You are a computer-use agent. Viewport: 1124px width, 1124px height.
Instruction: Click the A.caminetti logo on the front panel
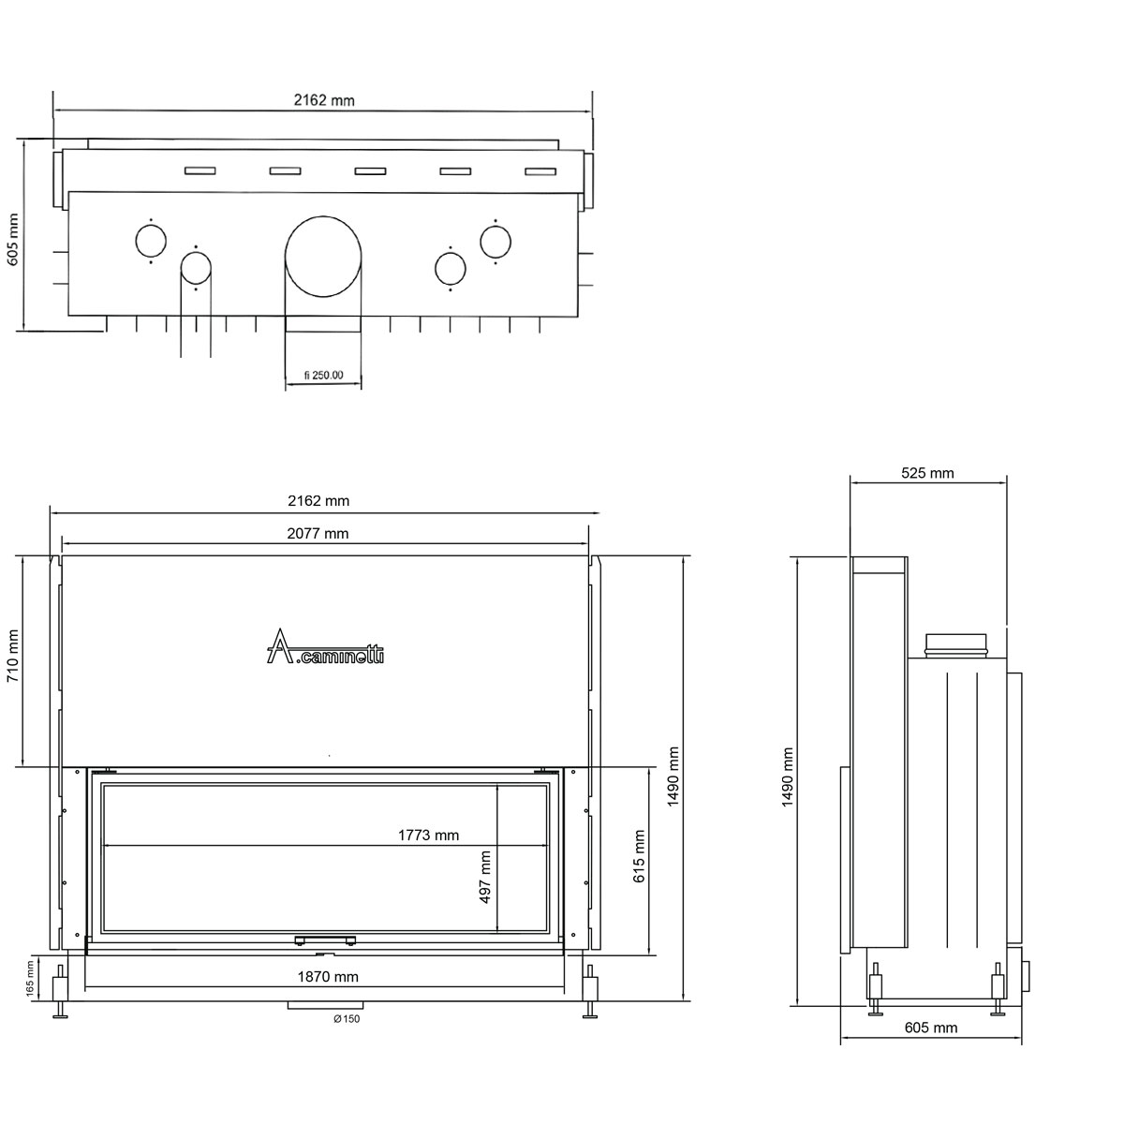pyautogui.click(x=325, y=646)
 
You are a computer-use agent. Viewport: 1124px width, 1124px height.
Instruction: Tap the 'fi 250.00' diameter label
pyautogui.click(x=324, y=375)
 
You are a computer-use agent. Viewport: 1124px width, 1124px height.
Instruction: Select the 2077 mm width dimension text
pyautogui.click(x=318, y=533)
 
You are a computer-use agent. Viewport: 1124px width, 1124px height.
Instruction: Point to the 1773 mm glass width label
pyautogui.click(x=429, y=836)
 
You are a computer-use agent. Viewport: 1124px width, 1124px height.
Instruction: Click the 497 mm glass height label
pyautogui.click(x=484, y=877)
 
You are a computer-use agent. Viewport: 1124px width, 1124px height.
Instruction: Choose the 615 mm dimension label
pyautogui.click(x=640, y=856)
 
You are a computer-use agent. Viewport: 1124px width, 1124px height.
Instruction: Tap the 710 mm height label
pyautogui.click(x=13, y=657)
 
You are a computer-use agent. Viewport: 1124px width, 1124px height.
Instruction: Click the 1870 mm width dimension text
pyautogui.click(x=328, y=976)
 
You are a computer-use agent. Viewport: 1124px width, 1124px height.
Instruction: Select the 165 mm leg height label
pyautogui.click(x=30, y=979)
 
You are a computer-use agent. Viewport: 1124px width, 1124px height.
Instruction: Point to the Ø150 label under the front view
pyautogui.click(x=347, y=1018)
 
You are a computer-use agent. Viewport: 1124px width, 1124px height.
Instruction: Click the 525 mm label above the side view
pyautogui.click(x=927, y=473)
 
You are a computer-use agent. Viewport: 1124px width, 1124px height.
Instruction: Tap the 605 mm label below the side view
pyautogui.click(x=931, y=1044)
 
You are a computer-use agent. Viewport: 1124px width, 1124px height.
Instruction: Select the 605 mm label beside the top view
pyautogui.click(x=13, y=239)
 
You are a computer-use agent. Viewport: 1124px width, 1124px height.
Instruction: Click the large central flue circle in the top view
pyautogui.click(x=323, y=256)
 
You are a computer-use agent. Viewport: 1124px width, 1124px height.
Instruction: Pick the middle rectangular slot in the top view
pyautogui.click(x=370, y=170)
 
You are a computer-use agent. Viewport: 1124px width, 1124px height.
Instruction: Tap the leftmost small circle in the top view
pyautogui.click(x=151, y=241)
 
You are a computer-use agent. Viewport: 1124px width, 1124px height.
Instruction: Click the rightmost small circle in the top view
pyautogui.click(x=495, y=242)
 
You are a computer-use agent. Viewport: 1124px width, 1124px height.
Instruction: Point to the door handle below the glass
pyautogui.click(x=325, y=940)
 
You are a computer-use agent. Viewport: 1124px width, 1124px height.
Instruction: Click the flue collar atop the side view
pyautogui.click(x=955, y=645)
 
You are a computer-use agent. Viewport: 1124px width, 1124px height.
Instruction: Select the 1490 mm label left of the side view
pyautogui.click(x=788, y=776)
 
